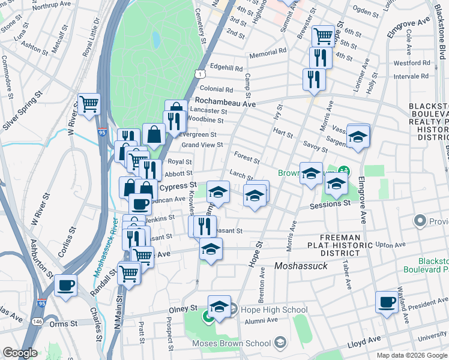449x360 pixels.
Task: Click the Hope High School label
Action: pos(274,310)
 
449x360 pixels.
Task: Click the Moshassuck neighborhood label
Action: pos(301,265)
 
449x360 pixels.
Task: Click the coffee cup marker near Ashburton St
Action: pos(65,284)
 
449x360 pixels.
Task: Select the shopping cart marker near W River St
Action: pos(89,104)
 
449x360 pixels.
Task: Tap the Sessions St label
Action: pos(330,205)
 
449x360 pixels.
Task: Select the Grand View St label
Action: pos(202,145)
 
